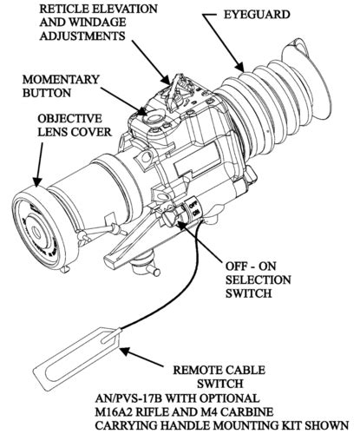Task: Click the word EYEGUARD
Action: (x=257, y=15)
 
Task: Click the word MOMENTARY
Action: (x=61, y=80)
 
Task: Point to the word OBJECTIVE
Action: (x=70, y=119)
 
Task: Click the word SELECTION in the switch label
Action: (x=259, y=279)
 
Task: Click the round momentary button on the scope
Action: (x=154, y=118)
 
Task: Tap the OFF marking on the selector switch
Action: (x=193, y=203)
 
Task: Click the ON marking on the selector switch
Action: (x=196, y=213)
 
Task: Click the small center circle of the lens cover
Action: (x=36, y=232)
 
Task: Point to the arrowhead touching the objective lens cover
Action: (x=36, y=181)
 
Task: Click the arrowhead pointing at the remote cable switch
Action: (x=126, y=352)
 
